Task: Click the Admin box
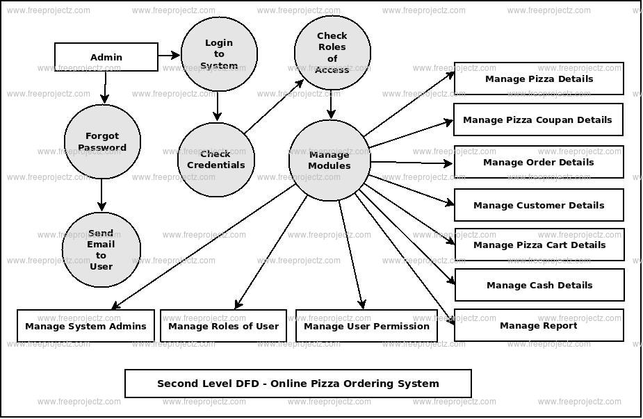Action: (x=106, y=57)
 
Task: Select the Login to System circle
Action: (x=219, y=54)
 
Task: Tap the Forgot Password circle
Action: (x=102, y=142)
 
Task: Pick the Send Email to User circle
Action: (x=101, y=249)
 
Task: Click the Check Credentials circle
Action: (x=216, y=160)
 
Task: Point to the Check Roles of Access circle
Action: (x=332, y=53)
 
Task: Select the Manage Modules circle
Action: (x=329, y=161)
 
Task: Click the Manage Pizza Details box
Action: (x=539, y=79)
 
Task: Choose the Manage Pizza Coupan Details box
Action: (x=538, y=120)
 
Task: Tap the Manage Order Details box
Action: (x=539, y=162)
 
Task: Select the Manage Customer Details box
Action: (x=539, y=205)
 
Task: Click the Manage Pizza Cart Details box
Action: (x=539, y=245)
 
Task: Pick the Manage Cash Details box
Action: (x=539, y=285)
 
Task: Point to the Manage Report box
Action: (x=539, y=325)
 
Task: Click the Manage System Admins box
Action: (x=86, y=326)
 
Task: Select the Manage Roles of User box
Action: (x=224, y=326)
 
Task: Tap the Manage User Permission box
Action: (x=366, y=326)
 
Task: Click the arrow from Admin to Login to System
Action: (x=169, y=55)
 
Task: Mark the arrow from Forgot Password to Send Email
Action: (x=101, y=195)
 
